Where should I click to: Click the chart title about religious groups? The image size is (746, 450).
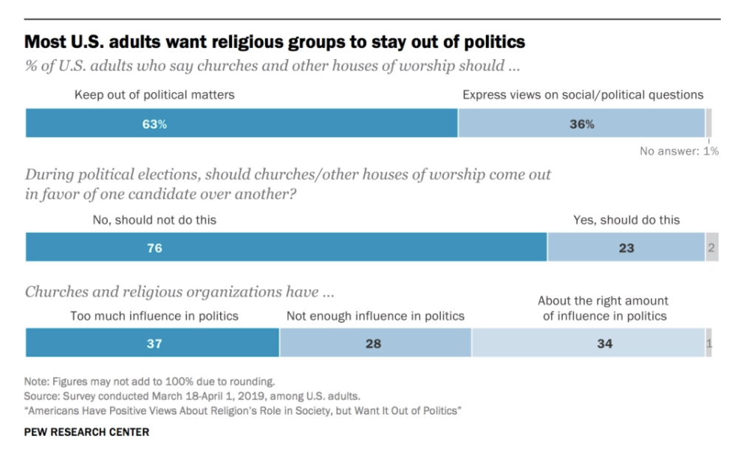pos(275,40)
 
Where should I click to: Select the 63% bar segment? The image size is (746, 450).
pos(242,124)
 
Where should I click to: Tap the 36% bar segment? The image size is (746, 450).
pos(581,124)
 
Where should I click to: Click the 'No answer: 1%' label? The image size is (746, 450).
pos(679,151)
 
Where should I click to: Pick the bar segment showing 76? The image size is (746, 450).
pos(287,248)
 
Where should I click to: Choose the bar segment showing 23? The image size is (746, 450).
pos(626,248)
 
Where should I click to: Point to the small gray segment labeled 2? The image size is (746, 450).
pos(711,248)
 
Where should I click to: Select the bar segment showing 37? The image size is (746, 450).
pos(152,343)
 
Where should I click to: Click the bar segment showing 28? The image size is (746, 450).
pos(375,343)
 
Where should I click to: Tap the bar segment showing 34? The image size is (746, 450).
pos(588,343)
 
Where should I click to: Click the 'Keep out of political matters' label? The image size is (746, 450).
pos(154,94)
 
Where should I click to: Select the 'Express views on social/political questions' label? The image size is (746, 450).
pos(583,94)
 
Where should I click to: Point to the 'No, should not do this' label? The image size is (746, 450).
pos(154,220)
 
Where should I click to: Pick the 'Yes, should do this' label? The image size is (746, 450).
pos(626,220)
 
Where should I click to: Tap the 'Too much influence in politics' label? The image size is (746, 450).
pos(154,316)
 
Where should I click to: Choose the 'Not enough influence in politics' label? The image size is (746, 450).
pos(375,316)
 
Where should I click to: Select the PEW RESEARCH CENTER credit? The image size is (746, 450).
pos(87,432)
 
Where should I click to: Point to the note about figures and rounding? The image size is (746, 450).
pos(150,381)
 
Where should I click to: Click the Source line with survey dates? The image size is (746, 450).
pos(193,395)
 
